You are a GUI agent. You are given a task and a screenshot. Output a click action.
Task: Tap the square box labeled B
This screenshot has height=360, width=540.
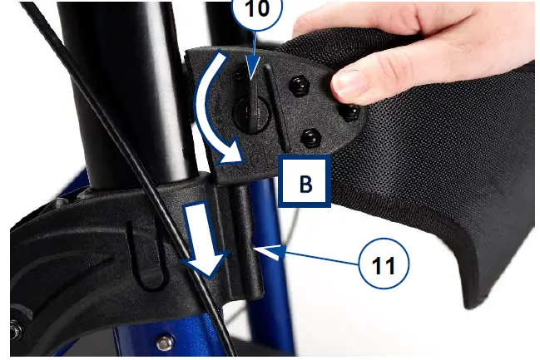(x=305, y=183)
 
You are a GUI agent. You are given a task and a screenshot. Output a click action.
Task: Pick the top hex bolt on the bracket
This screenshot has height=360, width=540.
(x=296, y=84)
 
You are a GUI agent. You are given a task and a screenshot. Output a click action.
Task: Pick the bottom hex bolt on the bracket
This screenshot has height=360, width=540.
(x=312, y=138)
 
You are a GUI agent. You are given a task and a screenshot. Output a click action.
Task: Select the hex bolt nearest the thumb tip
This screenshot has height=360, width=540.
(x=352, y=110)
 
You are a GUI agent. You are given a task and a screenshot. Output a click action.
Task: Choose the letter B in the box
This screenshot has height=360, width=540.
(x=305, y=184)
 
